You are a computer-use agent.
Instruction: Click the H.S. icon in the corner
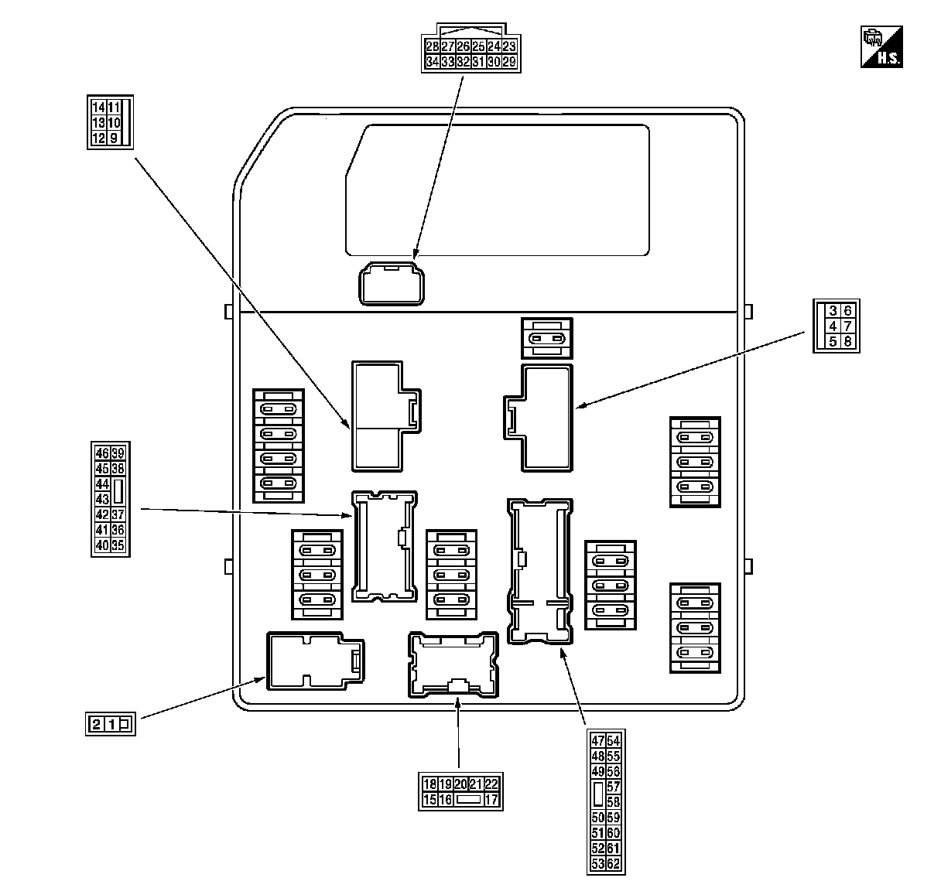pos(882,47)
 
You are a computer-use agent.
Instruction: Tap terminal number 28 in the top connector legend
pos(433,46)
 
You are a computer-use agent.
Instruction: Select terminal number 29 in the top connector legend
pos(508,62)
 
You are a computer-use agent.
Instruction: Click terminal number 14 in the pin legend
pos(98,108)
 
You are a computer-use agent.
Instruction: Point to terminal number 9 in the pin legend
pos(114,138)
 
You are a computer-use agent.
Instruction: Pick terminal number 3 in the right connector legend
pos(833,311)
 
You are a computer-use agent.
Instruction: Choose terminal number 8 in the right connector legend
pos(848,341)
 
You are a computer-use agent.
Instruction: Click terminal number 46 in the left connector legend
pos(102,453)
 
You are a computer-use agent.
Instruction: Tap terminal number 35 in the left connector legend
pos(118,545)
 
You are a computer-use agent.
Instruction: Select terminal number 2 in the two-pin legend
pos(96,724)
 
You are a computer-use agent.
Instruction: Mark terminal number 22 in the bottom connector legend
pos(491,784)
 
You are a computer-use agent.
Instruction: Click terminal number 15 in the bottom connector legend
pos(429,800)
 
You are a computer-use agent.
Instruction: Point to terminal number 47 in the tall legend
pos(597,741)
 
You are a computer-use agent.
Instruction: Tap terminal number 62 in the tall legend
pos(614,863)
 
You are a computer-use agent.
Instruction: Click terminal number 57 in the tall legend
pos(614,787)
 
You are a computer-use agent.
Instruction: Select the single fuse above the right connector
pos(547,338)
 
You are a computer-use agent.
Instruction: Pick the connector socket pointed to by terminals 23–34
pos(392,283)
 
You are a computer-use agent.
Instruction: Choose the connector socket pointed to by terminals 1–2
pos(310,661)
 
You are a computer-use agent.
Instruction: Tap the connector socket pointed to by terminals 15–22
pos(453,664)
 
